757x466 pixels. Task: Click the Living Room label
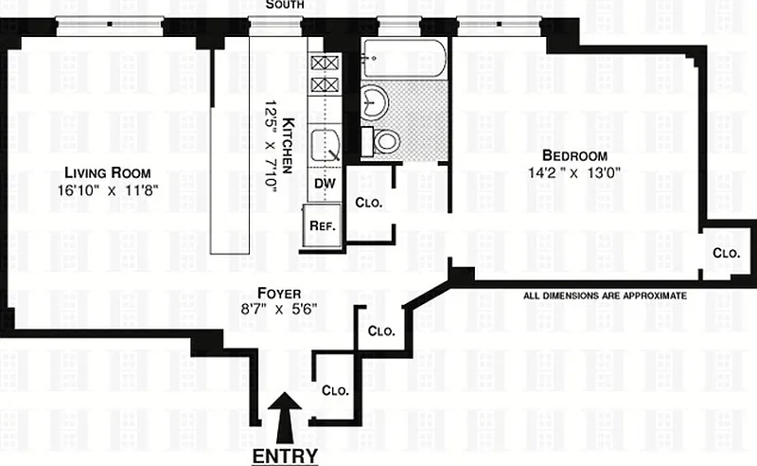coord(108,172)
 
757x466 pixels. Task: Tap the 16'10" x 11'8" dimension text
coord(108,190)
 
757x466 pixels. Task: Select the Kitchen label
coord(288,146)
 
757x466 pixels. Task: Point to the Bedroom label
coord(574,155)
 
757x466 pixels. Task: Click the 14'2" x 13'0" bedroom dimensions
coord(574,172)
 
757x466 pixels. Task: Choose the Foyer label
coord(279,293)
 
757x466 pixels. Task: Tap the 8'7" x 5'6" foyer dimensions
coord(279,309)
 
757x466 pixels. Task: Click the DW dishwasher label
coord(325,183)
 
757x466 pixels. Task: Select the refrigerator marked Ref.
coord(322,225)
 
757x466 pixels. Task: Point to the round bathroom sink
coord(374,102)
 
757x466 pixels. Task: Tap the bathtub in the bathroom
coord(405,59)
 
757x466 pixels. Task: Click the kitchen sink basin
coord(325,145)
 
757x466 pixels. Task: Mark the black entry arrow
coord(285,418)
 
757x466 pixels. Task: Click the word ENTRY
coord(286,456)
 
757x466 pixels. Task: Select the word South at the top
coord(285,5)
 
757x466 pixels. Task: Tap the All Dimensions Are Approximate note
coord(605,296)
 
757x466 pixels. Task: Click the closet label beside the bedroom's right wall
coord(726,253)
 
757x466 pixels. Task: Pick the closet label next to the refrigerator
coord(368,202)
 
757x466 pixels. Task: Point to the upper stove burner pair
coord(325,63)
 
